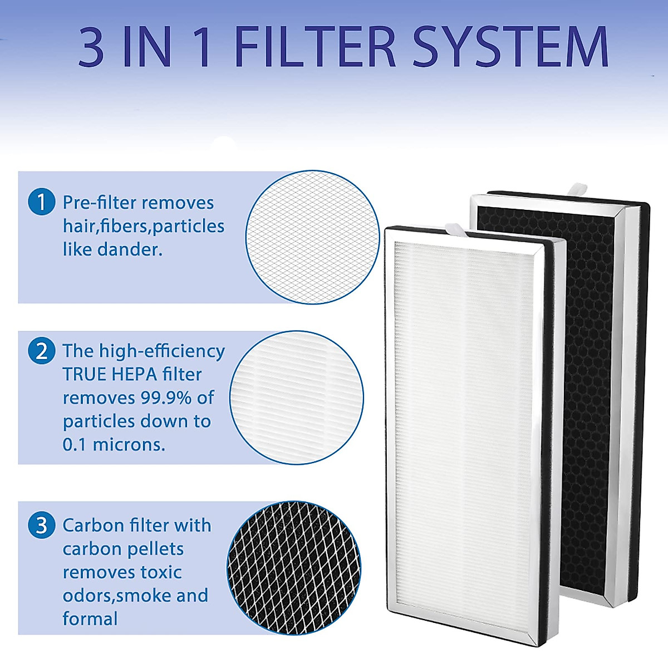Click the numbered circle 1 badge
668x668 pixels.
tap(41, 202)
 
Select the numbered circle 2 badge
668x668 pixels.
tap(41, 351)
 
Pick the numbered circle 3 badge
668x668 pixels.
tap(41, 525)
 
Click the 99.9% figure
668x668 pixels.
tap(158, 397)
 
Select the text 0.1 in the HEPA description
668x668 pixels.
tap(75, 444)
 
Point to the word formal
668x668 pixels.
tap(90, 618)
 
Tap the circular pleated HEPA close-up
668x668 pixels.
tap(296, 397)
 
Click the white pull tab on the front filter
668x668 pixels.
tap(454, 228)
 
